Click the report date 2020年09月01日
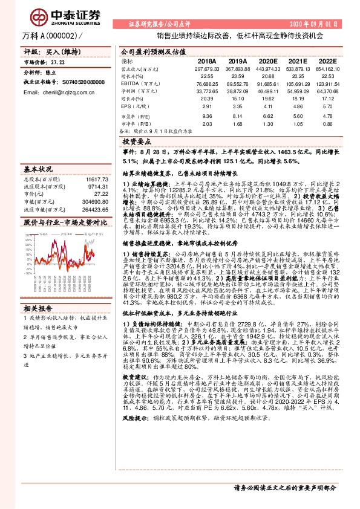coord(326,24)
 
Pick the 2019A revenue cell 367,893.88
coord(238,70)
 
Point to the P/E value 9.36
coord(207,115)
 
